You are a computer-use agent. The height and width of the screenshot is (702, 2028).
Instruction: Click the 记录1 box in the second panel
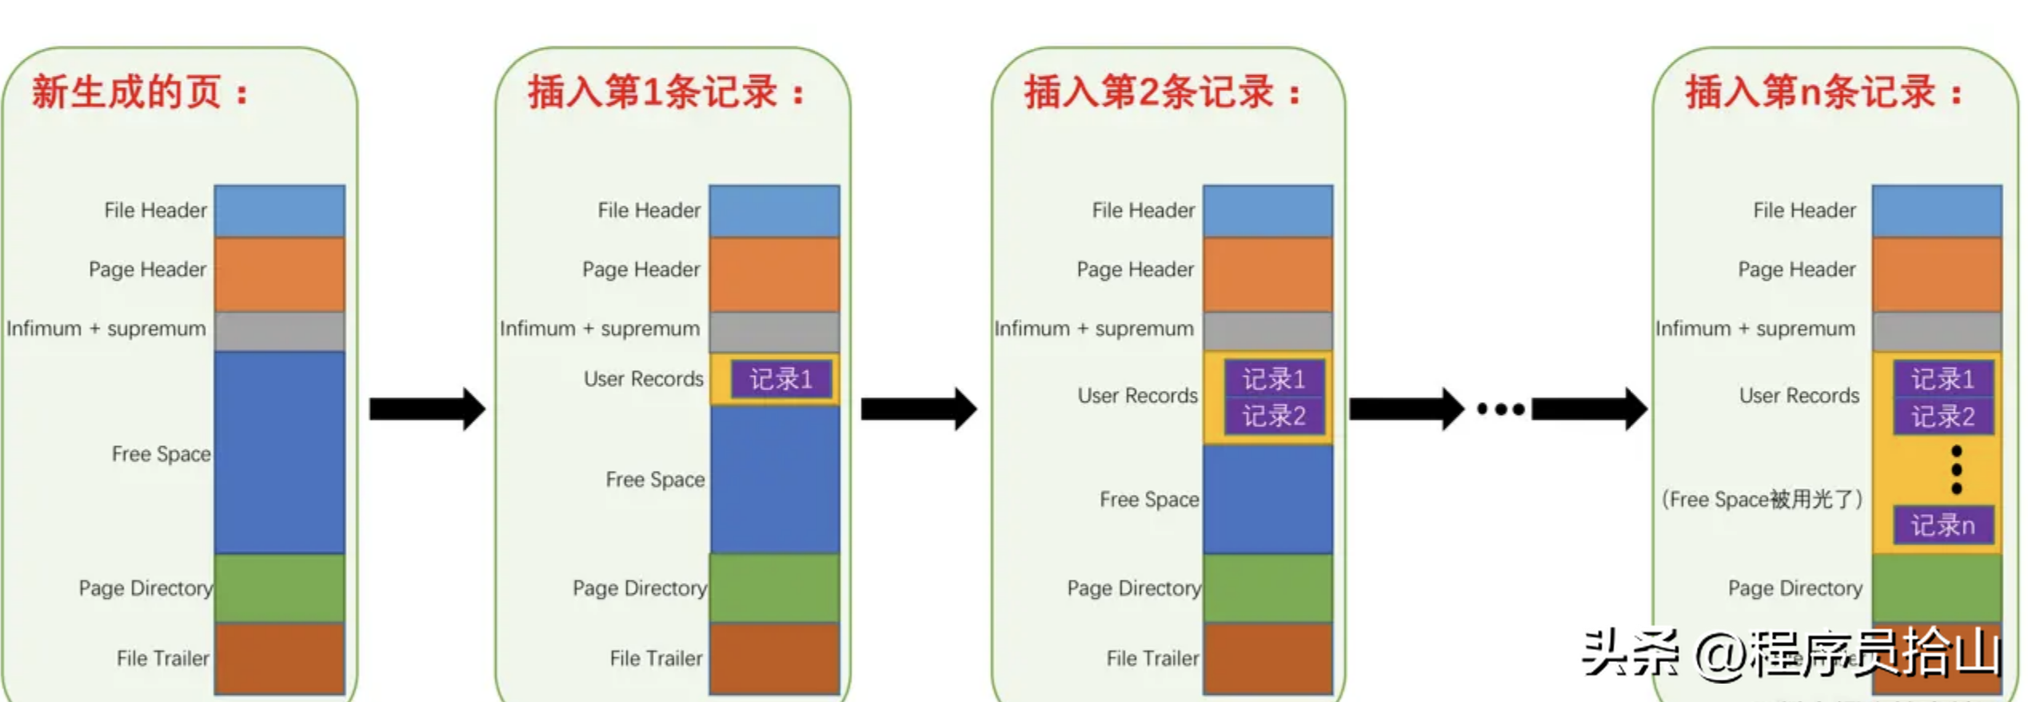pos(780,379)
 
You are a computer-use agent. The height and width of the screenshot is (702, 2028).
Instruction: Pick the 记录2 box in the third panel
pos(1273,416)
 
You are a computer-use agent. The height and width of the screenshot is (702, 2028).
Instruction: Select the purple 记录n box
pos(1942,525)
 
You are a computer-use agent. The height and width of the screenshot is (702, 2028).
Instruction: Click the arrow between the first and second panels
pos(427,409)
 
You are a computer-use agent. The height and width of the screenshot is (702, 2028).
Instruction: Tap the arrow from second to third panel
pos(919,409)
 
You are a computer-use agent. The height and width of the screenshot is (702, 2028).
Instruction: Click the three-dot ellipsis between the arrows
pos(1500,409)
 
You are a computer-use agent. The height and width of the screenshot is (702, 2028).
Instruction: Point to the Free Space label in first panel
pos(161,454)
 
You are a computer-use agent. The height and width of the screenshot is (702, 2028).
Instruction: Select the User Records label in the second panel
pos(643,379)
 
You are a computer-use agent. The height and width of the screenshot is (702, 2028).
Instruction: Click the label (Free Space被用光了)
pos(1762,500)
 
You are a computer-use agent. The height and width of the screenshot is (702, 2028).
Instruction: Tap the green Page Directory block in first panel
pos(279,588)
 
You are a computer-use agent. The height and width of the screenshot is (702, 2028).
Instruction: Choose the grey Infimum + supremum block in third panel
pos(1267,331)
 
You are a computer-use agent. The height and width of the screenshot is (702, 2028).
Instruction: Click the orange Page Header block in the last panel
pos(1936,273)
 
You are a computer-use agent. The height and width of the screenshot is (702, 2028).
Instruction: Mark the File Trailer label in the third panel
pos(1152,658)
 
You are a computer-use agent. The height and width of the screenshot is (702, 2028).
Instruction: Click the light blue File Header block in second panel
pos(774,210)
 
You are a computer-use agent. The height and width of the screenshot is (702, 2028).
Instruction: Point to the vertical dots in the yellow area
pos(1956,470)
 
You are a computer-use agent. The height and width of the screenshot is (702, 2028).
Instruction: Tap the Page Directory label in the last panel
pos(1794,588)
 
